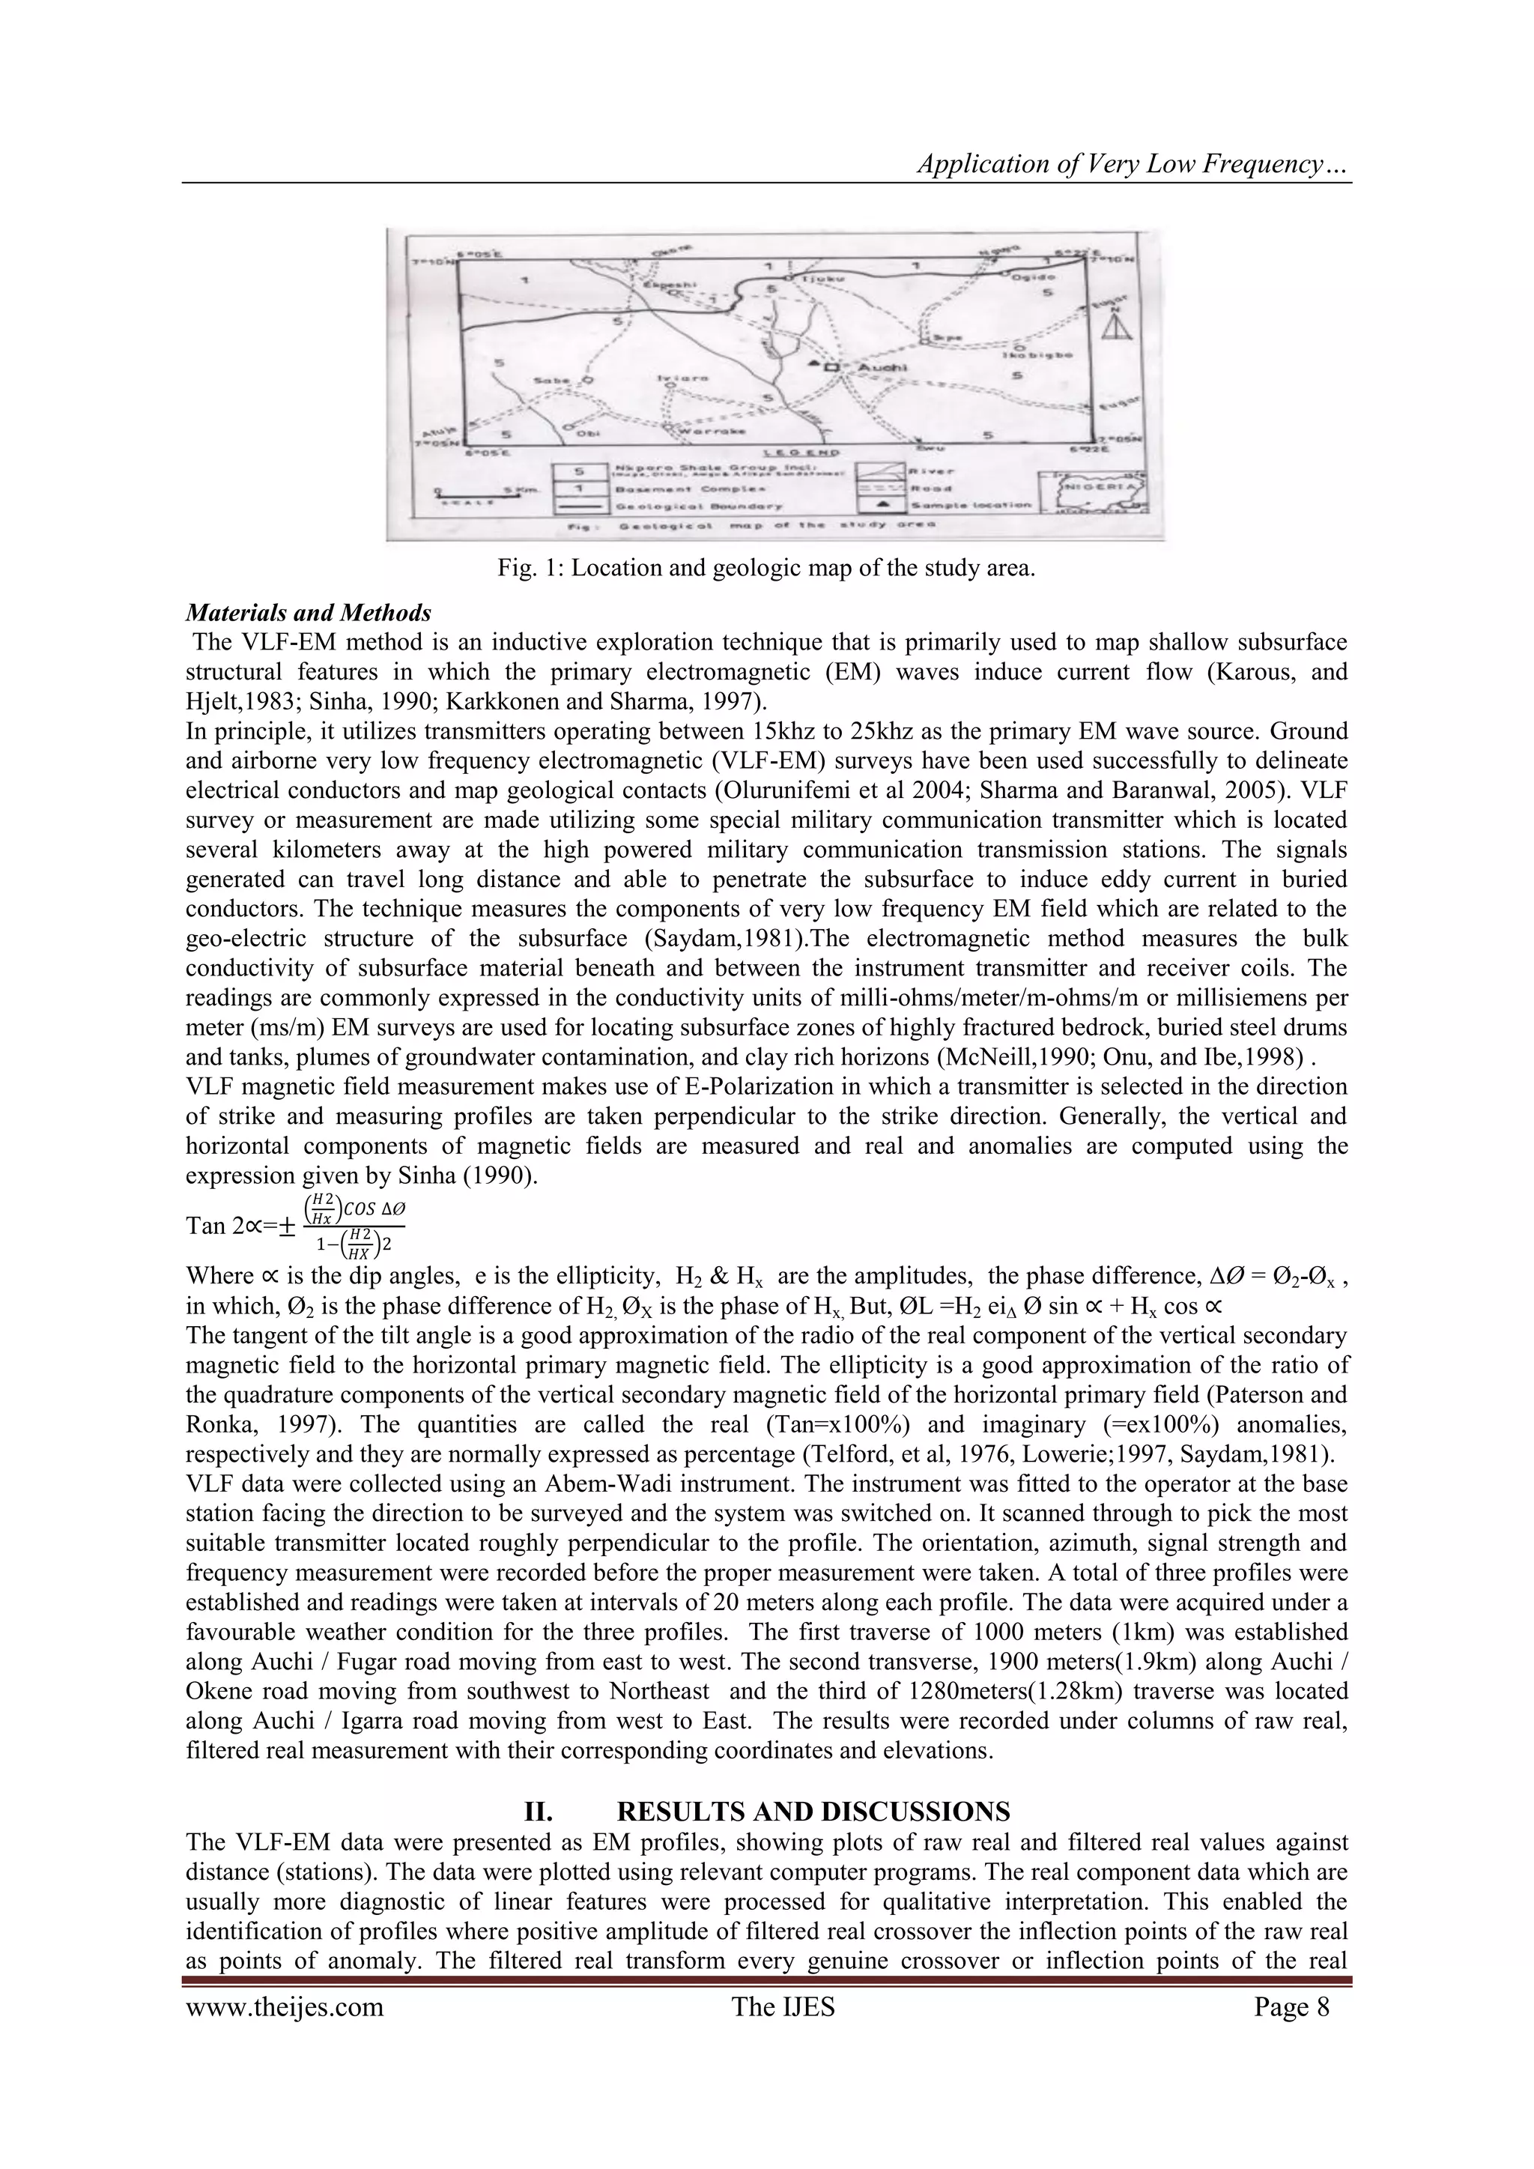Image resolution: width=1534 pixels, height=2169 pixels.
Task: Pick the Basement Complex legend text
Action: pos(662,488)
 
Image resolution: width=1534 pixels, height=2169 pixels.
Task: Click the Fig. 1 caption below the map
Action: pos(766,569)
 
